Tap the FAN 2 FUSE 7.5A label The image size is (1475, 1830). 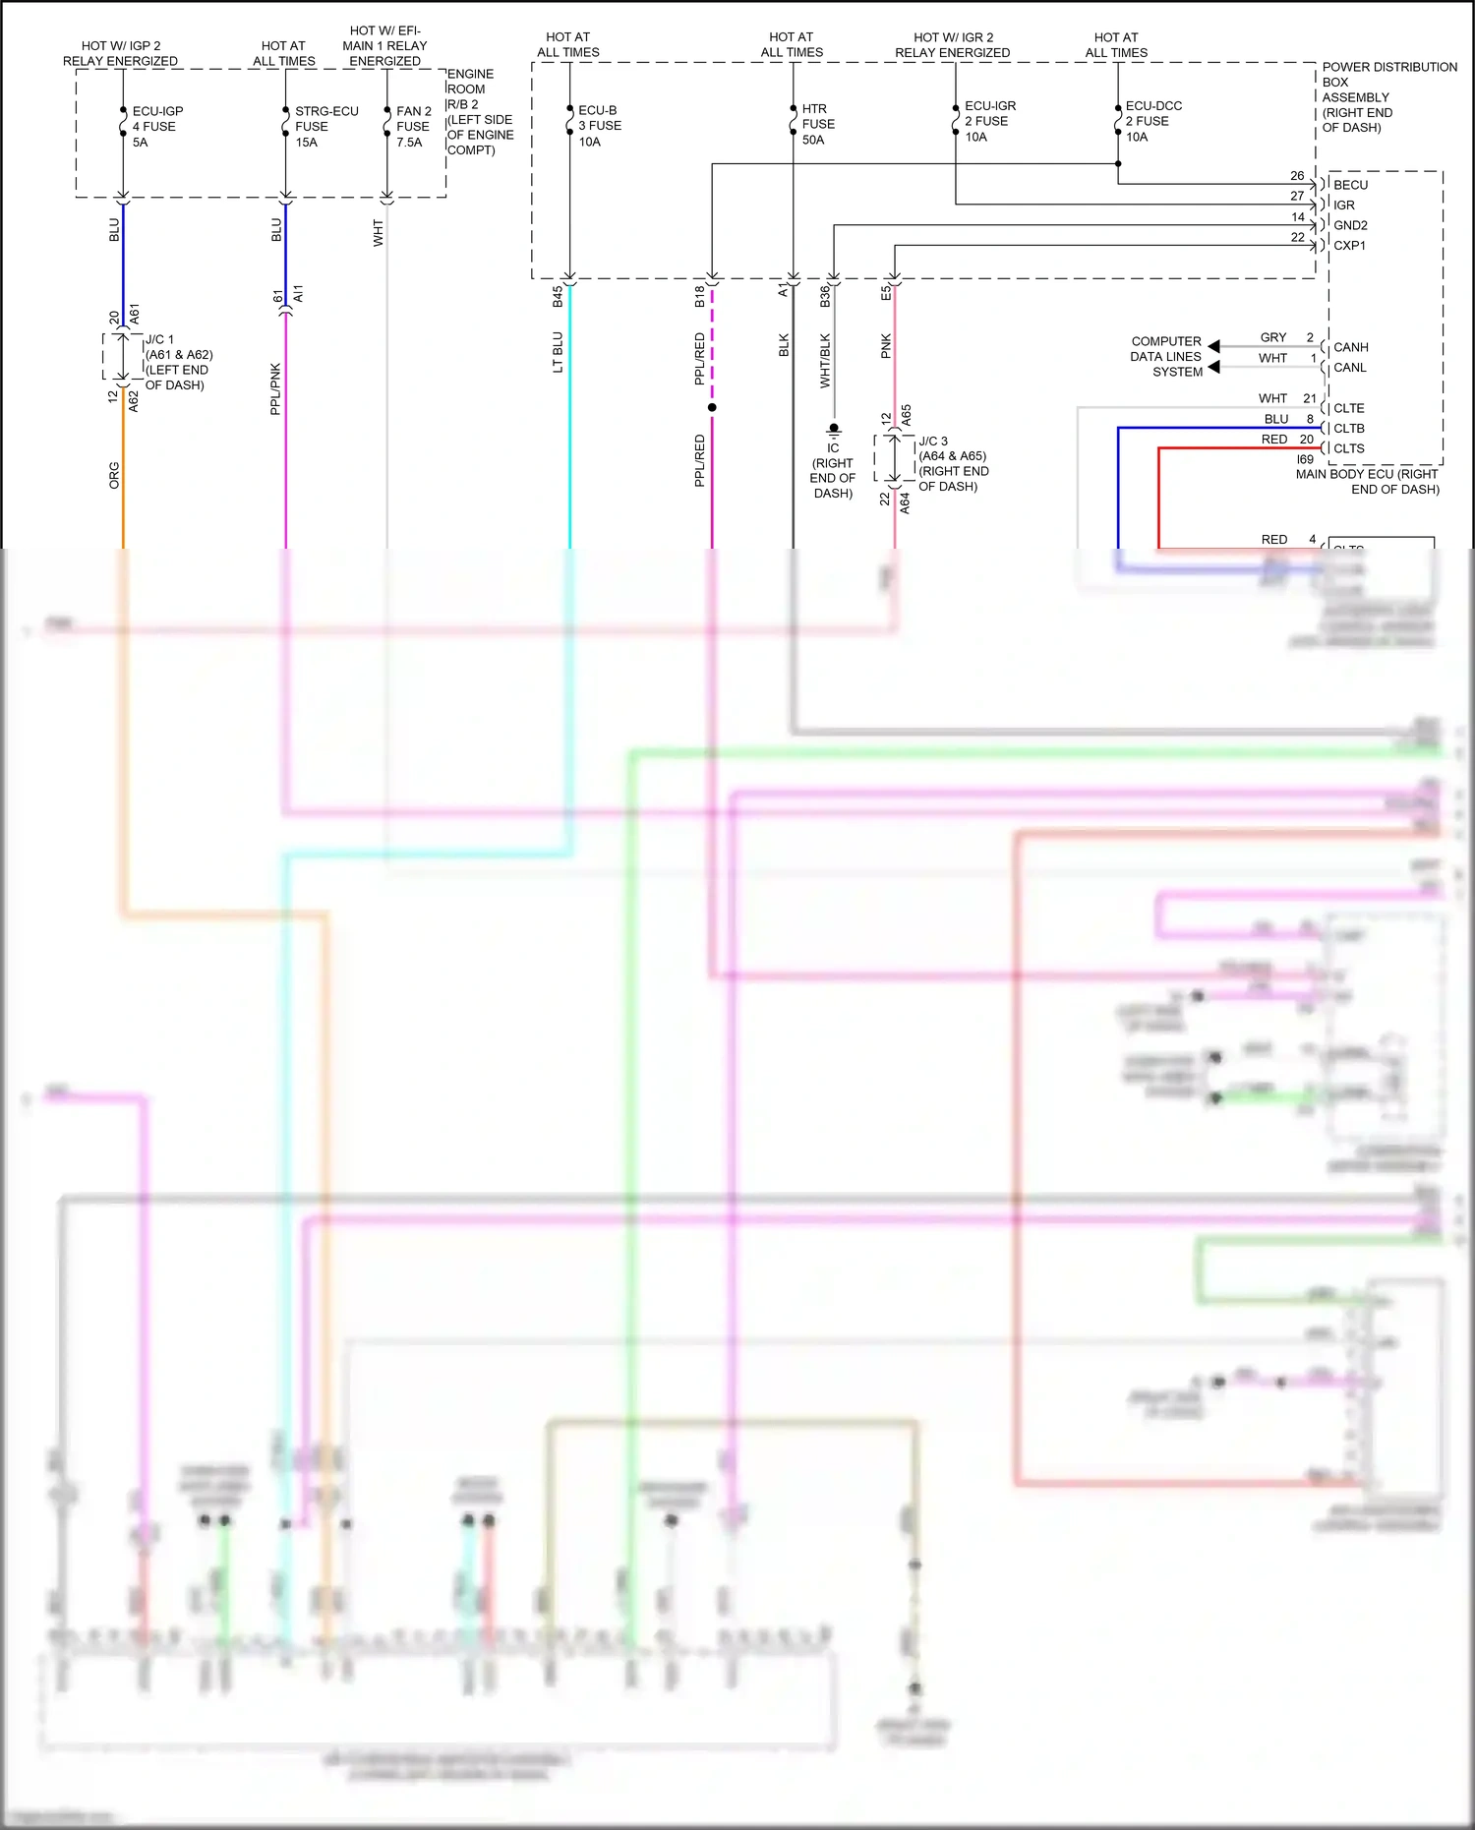[x=413, y=127]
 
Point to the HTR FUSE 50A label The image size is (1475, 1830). [x=817, y=124]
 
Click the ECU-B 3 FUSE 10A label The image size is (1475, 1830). [x=599, y=126]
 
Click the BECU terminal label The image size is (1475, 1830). [x=1350, y=185]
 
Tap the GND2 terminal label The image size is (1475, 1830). [x=1350, y=225]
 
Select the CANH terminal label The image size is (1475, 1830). [x=1350, y=347]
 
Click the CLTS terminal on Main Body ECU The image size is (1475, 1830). [x=1348, y=448]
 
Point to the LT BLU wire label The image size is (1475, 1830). [x=558, y=352]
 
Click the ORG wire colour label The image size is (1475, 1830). [x=114, y=475]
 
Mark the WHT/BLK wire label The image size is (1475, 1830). [x=825, y=360]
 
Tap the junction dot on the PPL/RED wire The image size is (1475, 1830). [x=712, y=407]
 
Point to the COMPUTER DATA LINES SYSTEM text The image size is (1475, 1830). [x=1166, y=357]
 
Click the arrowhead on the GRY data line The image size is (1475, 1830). [x=1214, y=346]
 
